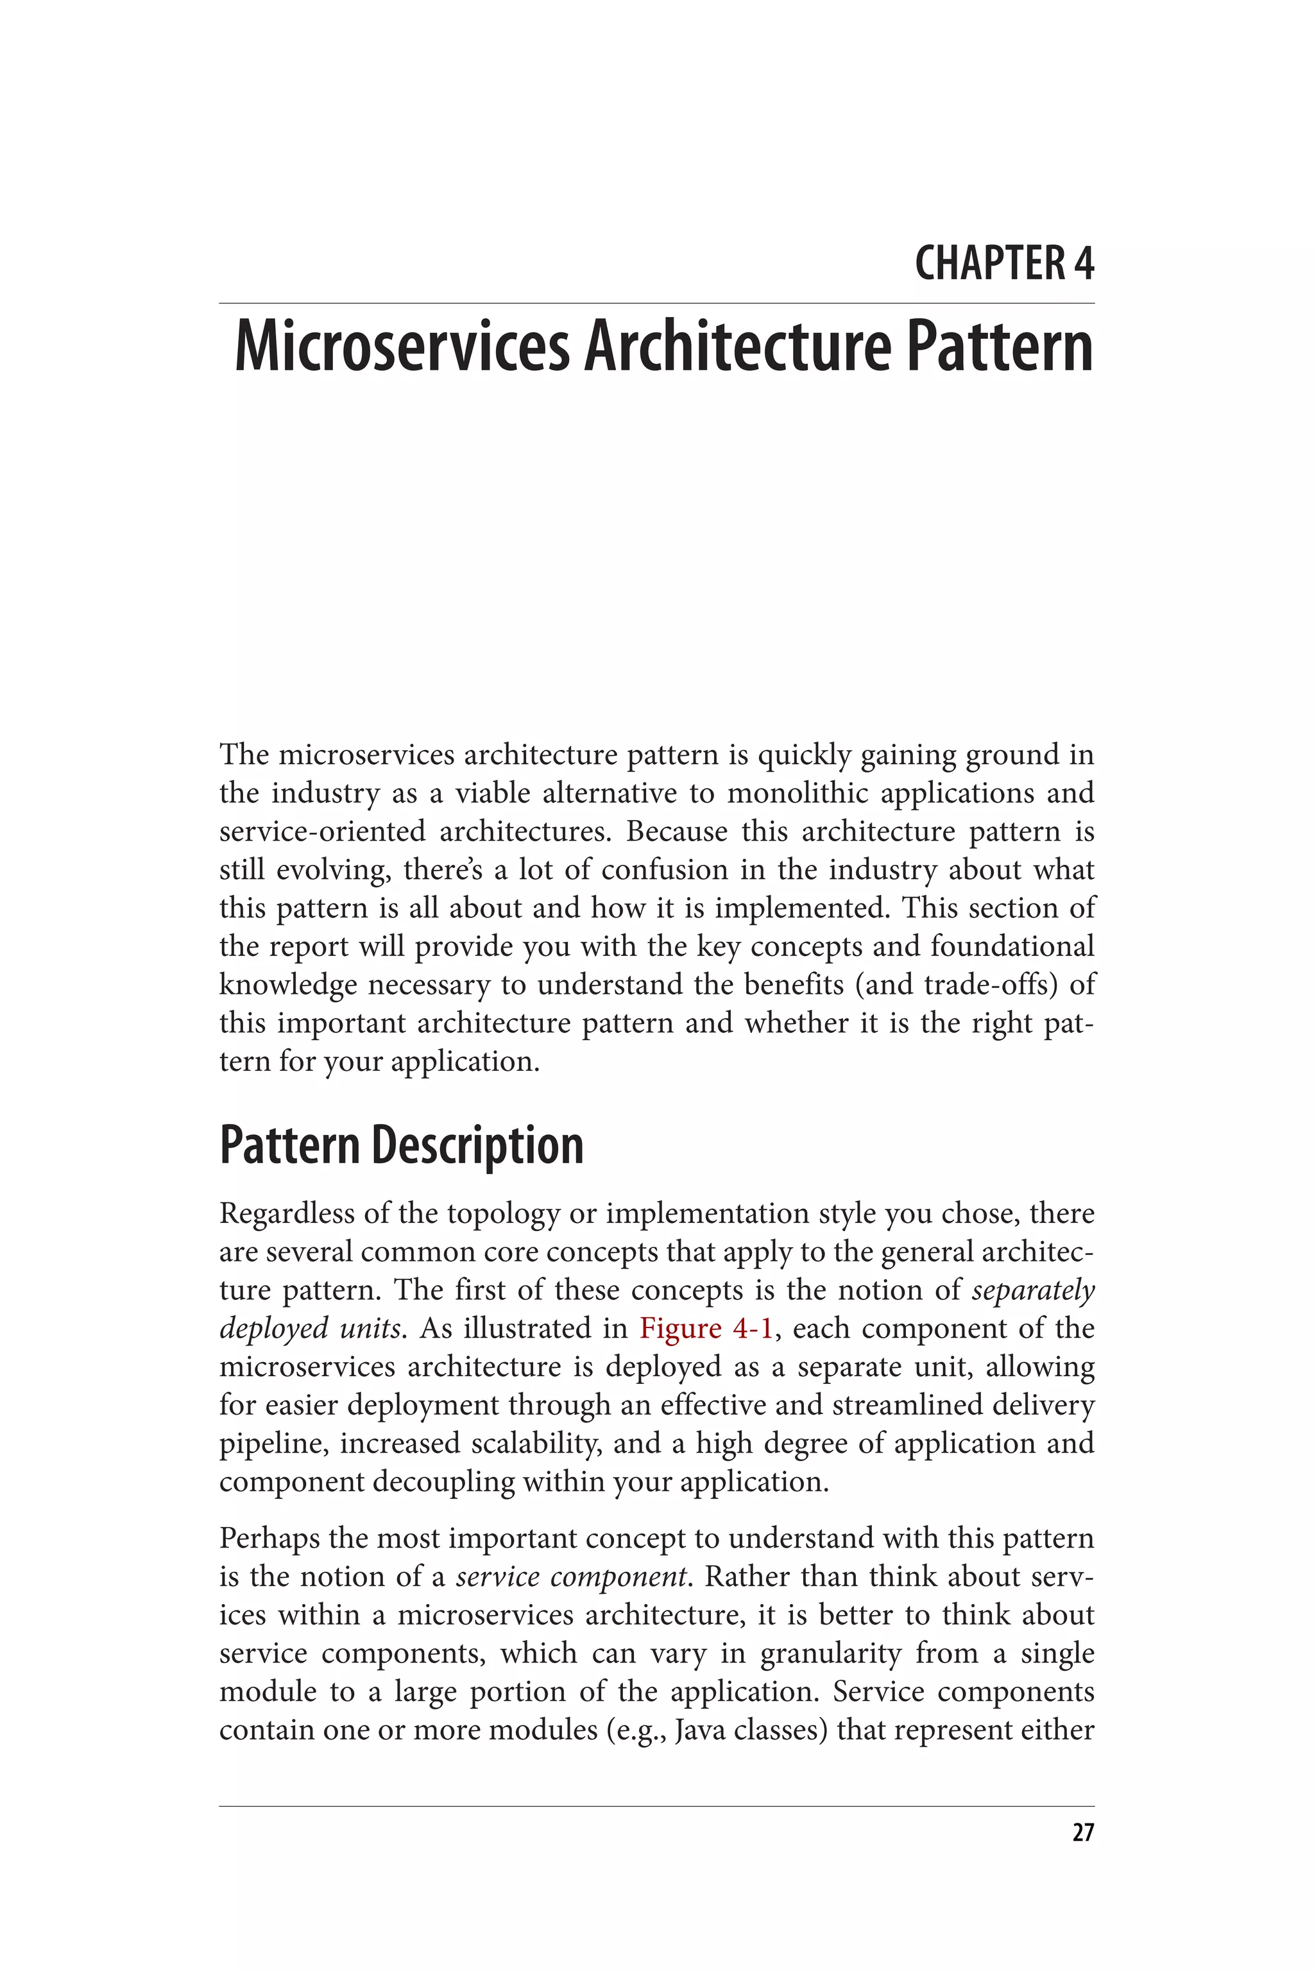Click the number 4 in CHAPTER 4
click(x=1084, y=263)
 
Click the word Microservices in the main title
click(x=402, y=348)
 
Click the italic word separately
click(x=1032, y=1290)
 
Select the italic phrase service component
click(x=572, y=1576)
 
